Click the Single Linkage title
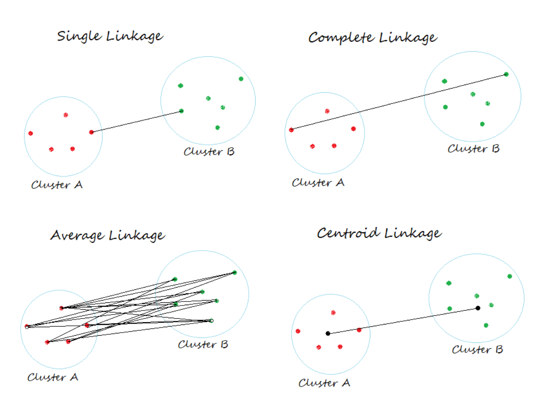110,36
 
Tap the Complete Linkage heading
372,38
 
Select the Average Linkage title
107,235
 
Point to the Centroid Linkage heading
379,233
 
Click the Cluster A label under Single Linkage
57,185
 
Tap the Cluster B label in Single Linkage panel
209,152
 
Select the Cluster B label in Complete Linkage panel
473,148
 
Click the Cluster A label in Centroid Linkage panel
324,383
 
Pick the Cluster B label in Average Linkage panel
203,345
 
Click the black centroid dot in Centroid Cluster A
328,333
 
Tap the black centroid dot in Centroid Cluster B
478,308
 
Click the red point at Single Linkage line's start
91,132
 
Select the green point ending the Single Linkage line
181,111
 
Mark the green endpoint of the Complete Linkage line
506,74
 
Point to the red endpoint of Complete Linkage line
291,130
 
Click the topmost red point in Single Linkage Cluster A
66,115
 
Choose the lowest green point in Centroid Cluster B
486,325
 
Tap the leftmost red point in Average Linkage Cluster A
27,326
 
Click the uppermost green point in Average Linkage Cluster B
234,273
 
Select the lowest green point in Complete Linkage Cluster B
482,124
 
